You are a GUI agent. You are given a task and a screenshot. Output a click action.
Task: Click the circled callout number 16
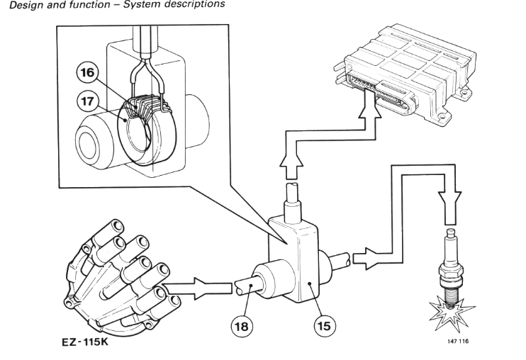pyautogui.click(x=87, y=72)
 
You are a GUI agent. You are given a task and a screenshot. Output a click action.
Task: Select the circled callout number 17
pyautogui.click(x=87, y=101)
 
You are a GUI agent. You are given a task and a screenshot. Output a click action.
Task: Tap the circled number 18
pyautogui.click(x=242, y=326)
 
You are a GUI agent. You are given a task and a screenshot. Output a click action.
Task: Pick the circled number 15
pyautogui.click(x=324, y=326)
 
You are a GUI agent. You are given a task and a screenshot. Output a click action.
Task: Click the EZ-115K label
pyautogui.click(x=85, y=342)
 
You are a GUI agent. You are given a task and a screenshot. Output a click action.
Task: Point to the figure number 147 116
pyautogui.click(x=457, y=342)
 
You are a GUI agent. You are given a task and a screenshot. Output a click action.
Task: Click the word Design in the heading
pyautogui.click(x=26, y=5)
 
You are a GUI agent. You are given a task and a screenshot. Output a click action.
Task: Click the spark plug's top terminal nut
pyautogui.click(x=451, y=232)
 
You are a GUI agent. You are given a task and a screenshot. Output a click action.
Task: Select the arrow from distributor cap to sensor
pyautogui.click(x=196, y=288)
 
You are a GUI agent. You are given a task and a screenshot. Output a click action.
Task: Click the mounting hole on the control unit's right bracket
pyautogui.click(x=464, y=91)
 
